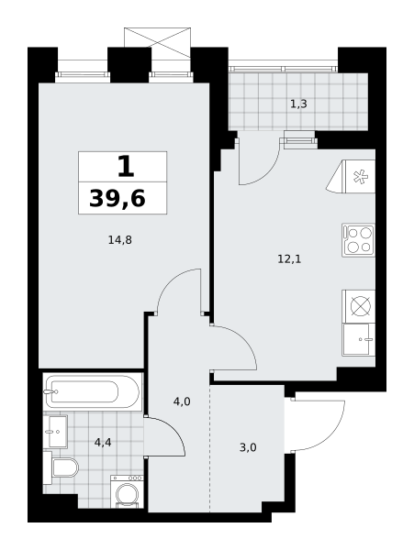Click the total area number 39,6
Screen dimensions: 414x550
(x=117, y=199)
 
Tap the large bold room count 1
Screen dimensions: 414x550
(x=126, y=166)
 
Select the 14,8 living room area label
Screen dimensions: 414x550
(x=119, y=240)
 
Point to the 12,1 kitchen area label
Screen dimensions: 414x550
(x=289, y=259)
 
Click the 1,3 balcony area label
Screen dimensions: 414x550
(x=298, y=104)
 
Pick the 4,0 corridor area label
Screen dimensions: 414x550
(x=182, y=401)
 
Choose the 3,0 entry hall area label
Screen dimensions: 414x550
(x=248, y=447)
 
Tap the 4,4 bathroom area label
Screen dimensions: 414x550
(x=103, y=443)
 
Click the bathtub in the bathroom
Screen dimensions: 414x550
(x=93, y=391)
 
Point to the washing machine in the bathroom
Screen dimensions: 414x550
(x=127, y=491)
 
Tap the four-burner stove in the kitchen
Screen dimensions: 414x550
(x=358, y=240)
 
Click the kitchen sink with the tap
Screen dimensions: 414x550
(x=359, y=339)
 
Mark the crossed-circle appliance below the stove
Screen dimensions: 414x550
(x=359, y=306)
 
